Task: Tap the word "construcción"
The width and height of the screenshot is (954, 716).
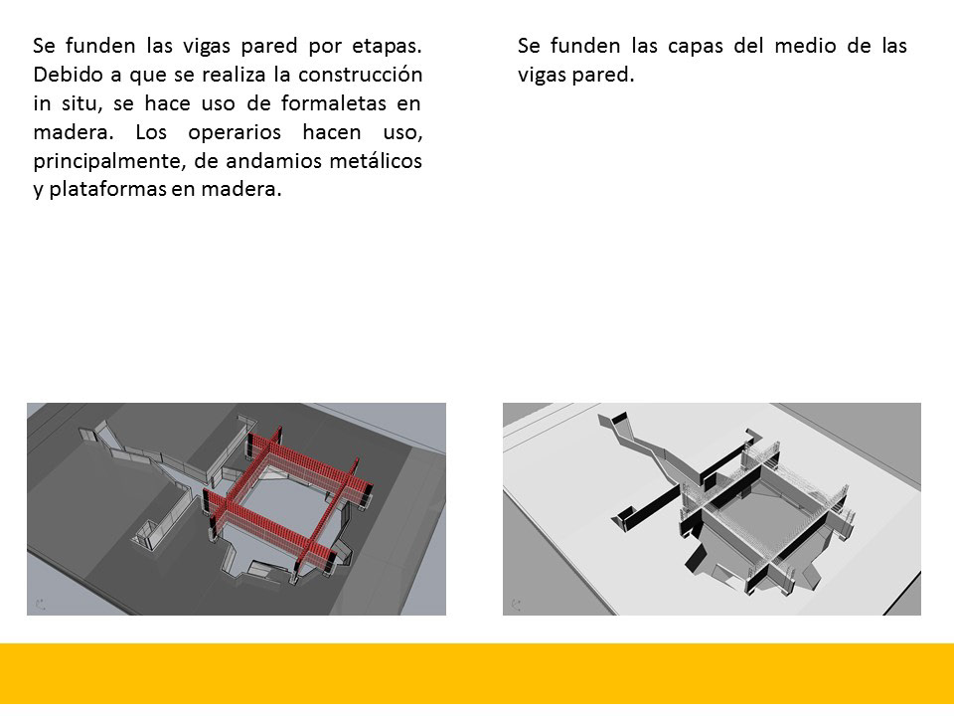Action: click(x=360, y=75)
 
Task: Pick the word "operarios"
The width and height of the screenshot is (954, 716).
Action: click(x=235, y=133)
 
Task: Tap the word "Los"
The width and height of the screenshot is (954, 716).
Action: click(x=150, y=132)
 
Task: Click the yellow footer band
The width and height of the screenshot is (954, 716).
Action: click(x=477, y=673)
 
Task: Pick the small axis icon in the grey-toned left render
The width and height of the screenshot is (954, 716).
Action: click(x=41, y=605)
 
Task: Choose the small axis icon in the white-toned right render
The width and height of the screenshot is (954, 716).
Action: click(x=517, y=605)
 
